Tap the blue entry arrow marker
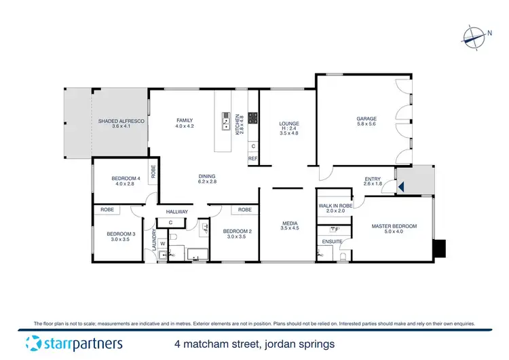click(401, 184)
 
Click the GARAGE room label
click(366, 119)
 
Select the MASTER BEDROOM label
click(394, 226)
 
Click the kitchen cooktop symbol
click(252, 118)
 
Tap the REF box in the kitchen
click(252, 158)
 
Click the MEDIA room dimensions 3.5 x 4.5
click(290, 228)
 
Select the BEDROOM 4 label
click(126, 179)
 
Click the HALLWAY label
click(176, 211)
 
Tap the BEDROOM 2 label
click(238, 232)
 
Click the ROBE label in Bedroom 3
click(107, 210)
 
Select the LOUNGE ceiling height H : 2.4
click(289, 130)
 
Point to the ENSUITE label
click(332, 241)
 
